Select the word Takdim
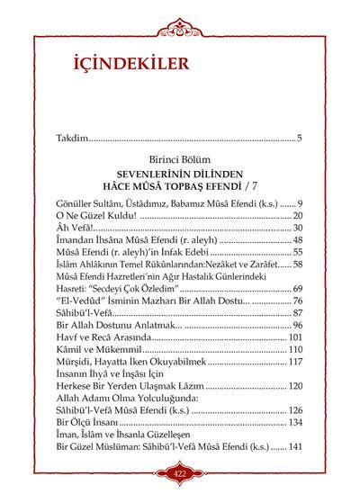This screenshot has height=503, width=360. click(x=71, y=139)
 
